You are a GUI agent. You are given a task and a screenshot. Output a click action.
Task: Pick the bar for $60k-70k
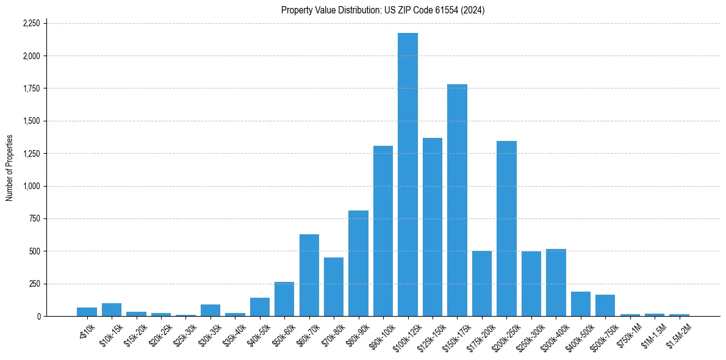(x=309, y=275)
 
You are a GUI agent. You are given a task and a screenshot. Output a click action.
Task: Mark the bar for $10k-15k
(x=112, y=310)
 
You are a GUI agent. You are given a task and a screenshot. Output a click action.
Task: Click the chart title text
(x=383, y=10)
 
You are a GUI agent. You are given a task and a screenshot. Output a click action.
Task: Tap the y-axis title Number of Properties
(x=10, y=168)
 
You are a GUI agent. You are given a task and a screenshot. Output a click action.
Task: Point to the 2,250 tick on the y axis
(x=31, y=23)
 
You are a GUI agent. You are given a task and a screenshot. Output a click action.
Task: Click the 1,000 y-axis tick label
(x=31, y=186)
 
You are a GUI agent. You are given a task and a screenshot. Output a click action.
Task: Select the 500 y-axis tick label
(x=35, y=251)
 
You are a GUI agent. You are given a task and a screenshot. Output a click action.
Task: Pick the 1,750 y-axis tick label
(x=31, y=88)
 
